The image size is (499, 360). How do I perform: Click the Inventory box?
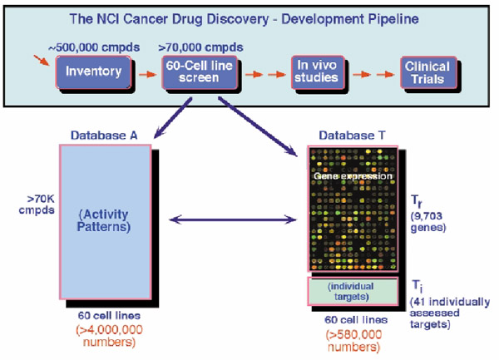[x=93, y=72]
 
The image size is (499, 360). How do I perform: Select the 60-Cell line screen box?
[x=200, y=72]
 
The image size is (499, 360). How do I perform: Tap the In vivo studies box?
[x=318, y=72]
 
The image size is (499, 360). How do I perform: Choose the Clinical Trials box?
[x=428, y=72]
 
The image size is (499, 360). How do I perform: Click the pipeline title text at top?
[x=244, y=19]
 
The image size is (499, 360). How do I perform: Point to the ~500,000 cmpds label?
[x=94, y=47]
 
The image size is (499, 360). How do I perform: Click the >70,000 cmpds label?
[x=200, y=47]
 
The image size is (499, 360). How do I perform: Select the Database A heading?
[x=104, y=136]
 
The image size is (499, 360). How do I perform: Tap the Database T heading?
[x=352, y=136]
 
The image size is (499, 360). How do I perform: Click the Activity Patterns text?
[x=104, y=220]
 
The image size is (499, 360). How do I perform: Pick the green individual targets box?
[x=353, y=291]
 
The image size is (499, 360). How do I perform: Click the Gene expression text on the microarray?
[x=353, y=176]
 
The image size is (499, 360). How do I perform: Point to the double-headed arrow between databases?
[x=233, y=219]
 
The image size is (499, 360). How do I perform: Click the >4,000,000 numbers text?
[x=109, y=336]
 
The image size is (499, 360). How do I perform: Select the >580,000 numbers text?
[x=354, y=341]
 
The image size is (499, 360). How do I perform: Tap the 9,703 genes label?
[x=427, y=222]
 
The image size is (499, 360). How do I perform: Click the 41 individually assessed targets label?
[x=450, y=313]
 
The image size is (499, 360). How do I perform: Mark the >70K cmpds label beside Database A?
[x=37, y=205]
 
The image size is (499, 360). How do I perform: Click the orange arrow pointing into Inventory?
[x=42, y=61]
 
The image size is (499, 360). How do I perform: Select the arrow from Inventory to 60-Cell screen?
[x=148, y=75]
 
